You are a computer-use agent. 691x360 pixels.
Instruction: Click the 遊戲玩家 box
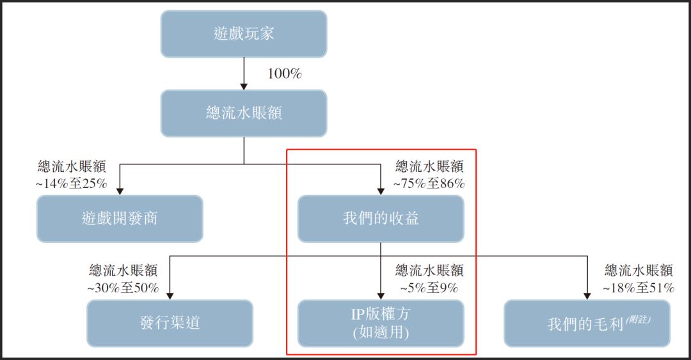(244, 34)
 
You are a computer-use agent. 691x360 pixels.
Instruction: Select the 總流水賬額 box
(244, 113)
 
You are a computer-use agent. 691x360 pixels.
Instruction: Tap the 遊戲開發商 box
(120, 219)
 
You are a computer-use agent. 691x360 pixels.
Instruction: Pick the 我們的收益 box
(381, 219)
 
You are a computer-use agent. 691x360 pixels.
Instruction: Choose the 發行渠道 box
(170, 323)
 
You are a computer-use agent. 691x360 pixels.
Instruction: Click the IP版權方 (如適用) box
(381, 323)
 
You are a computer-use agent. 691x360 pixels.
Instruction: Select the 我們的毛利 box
(587, 323)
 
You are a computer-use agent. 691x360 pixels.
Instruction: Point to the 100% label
(284, 74)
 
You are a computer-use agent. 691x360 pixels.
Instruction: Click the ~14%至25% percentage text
(70, 184)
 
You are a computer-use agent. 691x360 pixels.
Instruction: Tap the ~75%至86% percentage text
(429, 184)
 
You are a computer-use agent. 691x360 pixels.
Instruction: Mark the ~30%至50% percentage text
(123, 288)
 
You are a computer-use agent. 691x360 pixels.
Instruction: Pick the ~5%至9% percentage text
(429, 288)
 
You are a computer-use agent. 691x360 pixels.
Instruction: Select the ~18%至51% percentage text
(638, 288)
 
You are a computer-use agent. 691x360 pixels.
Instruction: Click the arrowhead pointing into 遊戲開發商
(120, 191)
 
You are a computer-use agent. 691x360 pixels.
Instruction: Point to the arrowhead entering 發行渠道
(170, 295)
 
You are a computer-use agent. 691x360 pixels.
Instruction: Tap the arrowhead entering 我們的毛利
(587, 295)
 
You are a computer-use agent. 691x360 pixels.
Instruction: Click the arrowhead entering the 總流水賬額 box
(244, 85)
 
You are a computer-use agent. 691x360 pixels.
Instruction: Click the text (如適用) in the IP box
(381, 333)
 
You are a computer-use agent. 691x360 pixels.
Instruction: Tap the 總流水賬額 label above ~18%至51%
(638, 270)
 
